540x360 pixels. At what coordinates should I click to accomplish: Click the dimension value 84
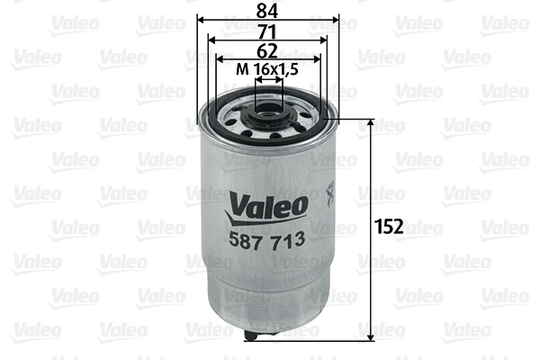268,10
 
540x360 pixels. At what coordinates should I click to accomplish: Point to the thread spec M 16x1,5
266,69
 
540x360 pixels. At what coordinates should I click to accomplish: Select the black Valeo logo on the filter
267,206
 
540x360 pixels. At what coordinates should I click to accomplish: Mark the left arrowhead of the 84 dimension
200,19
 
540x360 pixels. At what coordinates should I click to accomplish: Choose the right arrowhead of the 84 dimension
337,19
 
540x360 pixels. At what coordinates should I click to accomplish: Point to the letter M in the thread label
240,69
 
